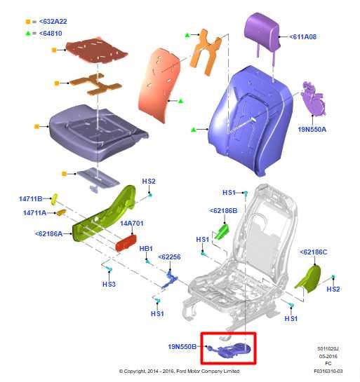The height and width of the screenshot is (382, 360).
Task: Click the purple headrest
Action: tap(262, 32)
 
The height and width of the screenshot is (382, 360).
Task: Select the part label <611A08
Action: tap(302, 36)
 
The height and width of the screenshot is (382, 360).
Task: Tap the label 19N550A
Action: tap(312, 130)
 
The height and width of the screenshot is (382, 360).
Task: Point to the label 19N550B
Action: tap(182, 346)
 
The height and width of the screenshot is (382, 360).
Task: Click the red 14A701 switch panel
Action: tap(126, 243)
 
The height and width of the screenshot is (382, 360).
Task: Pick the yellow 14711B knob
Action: tap(54, 199)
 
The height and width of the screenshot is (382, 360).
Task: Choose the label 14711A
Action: tap(34, 213)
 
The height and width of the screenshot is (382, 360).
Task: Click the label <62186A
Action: tap(49, 234)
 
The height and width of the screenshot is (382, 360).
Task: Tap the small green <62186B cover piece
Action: tap(221, 232)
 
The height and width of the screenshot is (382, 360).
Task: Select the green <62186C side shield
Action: tap(309, 279)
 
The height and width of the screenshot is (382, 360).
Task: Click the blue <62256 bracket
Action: tap(170, 280)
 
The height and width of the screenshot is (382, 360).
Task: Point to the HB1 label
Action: tap(146, 249)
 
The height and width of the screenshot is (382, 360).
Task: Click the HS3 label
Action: tap(109, 284)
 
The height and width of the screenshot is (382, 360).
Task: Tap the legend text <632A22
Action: tap(53, 22)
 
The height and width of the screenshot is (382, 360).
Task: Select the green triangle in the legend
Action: tap(28, 33)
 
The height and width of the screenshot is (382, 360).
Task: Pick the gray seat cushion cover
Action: tap(98, 132)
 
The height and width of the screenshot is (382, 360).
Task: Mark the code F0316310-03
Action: tap(328, 371)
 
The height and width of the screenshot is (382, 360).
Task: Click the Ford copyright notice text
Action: tap(179, 371)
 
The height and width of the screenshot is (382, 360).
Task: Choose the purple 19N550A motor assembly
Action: tap(313, 99)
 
